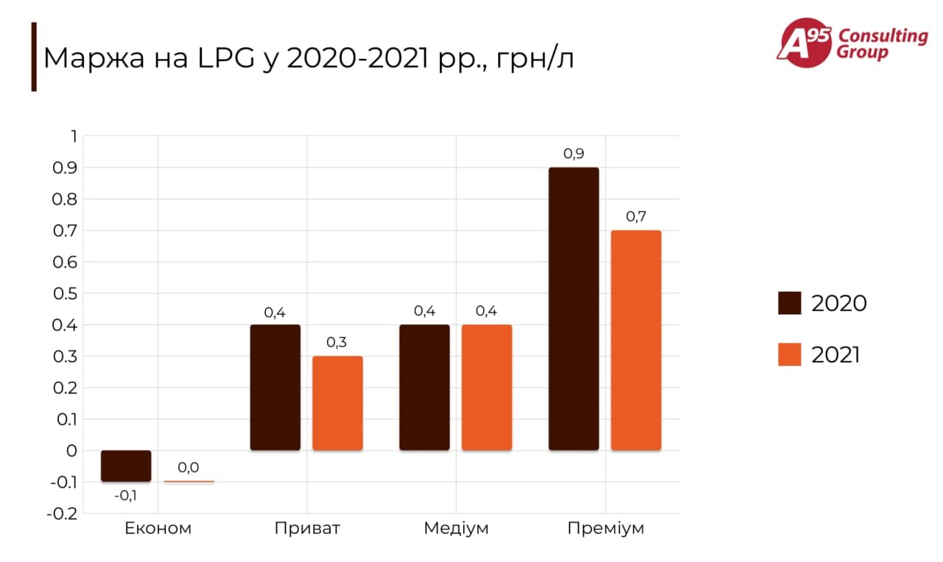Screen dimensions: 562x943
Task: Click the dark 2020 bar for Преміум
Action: pyautogui.click(x=574, y=309)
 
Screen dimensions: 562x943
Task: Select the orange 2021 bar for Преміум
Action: pyautogui.click(x=636, y=340)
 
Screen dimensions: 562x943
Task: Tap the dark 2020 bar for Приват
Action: pyautogui.click(x=275, y=387)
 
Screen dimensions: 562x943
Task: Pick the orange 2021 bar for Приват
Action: pyautogui.click(x=337, y=403)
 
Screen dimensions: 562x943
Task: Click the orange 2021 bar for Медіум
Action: pyautogui.click(x=486, y=387)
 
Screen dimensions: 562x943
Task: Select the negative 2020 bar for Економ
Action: pyautogui.click(x=126, y=466)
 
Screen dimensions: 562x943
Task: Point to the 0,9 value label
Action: pyautogui.click(x=574, y=154)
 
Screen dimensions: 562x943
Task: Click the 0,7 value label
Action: pyautogui.click(x=636, y=217)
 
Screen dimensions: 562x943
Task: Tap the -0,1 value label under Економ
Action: pyautogui.click(x=125, y=496)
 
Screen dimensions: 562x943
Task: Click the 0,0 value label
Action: pyautogui.click(x=189, y=467)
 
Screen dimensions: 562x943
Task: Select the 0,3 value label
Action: pyautogui.click(x=337, y=343)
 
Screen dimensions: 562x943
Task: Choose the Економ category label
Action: pyautogui.click(x=158, y=528)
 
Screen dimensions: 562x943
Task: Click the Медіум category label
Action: pyautogui.click(x=456, y=528)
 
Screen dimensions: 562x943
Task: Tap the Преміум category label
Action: pyautogui.click(x=606, y=528)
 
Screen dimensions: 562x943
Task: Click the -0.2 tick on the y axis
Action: pyautogui.click(x=62, y=513)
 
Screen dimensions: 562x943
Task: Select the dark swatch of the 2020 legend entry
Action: pyautogui.click(x=789, y=303)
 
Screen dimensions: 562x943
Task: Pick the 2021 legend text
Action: pyautogui.click(x=836, y=355)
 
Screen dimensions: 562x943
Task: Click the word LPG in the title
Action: pyautogui.click(x=219, y=58)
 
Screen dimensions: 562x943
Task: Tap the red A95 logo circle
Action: pyautogui.click(x=802, y=42)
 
